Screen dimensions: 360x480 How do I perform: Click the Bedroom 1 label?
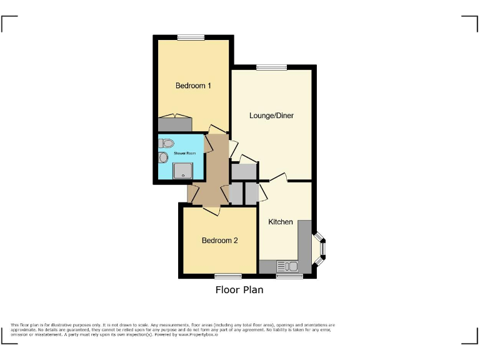click(192, 86)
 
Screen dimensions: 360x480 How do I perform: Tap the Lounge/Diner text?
click(271, 116)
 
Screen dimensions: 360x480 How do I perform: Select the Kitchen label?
click(281, 222)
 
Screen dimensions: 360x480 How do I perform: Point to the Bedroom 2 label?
click(219, 240)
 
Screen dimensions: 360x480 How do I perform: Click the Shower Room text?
click(176, 152)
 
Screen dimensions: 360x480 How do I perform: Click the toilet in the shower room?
click(165, 143)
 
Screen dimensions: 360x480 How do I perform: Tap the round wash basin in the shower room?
click(164, 157)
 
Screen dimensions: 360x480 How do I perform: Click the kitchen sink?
click(289, 266)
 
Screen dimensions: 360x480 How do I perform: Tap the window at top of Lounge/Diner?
click(271, 67)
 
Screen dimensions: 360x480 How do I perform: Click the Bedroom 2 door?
click(211, 211)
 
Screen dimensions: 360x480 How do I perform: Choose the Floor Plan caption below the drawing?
click(239, 290)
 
